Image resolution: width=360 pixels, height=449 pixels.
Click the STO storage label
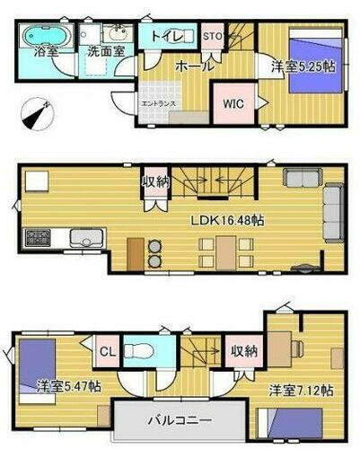click(x=212, y=37)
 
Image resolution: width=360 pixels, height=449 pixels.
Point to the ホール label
click(x=193, y=66)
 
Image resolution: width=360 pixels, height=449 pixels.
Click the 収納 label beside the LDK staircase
click(x=154, y=181)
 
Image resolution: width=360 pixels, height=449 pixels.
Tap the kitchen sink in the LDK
click(x=82, y=239)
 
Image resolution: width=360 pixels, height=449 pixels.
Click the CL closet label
click(x=105, y=351)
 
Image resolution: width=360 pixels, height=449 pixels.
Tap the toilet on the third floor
click(x=139, y=349)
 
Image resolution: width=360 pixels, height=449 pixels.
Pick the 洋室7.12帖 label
click(x=301, y=391)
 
